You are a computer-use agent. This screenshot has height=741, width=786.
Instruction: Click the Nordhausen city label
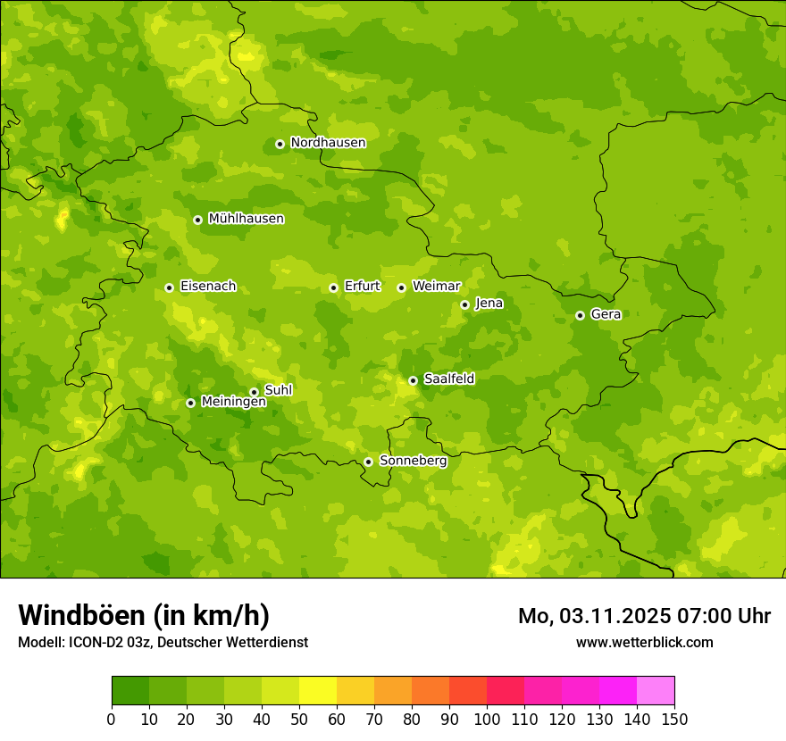pyautogui.click(x=328, y=143)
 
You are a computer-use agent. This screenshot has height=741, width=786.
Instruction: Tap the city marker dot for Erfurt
pyautogui.click(x=333, y=287)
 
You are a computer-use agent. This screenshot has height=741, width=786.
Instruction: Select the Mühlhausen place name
pyautogui.click(x=246, y=219)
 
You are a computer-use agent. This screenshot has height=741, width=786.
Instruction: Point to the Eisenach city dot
pyautogui.click(x=169, y=287)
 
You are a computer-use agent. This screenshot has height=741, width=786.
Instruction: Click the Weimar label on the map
pyautogui.click(x=436, y=287)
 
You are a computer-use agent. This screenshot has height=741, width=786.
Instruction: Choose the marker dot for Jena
pyautogui.click(x=464, y=304)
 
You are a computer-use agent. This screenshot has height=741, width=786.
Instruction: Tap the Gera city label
pyautogui.click(x=606, y=314)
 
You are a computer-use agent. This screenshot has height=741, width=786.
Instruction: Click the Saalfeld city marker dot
pyautogui.click(x=413, y=380)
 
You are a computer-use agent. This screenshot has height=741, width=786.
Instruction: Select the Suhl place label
pyautogui.click(x=278, y=390)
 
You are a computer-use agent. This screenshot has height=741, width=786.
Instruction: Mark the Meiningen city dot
pyautogui.click(x=190, y=403)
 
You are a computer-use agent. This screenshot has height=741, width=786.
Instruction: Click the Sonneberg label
pyautogui.click(x=413, y=461)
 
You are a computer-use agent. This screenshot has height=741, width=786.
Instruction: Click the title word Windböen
pyautogui.click(x=80, y=616)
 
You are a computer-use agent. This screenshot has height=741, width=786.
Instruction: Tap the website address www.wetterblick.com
pyautogui.click(x=644, y=642)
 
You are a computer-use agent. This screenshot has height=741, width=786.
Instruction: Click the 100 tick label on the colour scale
pyautogui.click(x=487, y=719)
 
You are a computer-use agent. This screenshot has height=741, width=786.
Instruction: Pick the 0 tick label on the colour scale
pyautogui.click(x=112, y=719)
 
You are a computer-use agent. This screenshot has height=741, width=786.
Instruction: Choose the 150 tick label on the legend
pyautogui.click(x=674, y=719)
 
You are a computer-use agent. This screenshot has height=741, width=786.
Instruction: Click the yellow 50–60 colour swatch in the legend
pyautogui.click(x=318, y=691)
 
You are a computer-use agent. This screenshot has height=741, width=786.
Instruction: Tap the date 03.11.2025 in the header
pyautogui.click(x=605, y=616)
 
